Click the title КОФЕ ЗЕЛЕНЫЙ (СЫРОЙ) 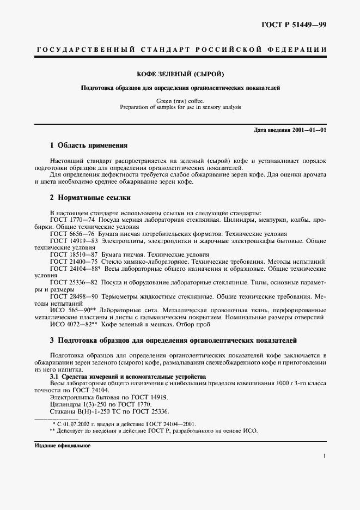[180, 73]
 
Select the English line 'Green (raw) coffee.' [180, 101]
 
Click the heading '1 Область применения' [88, 145]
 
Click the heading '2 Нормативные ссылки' [90, 197]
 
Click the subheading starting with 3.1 [128, 377]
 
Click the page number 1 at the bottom [324, 456]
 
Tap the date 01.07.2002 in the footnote [74, 423]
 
